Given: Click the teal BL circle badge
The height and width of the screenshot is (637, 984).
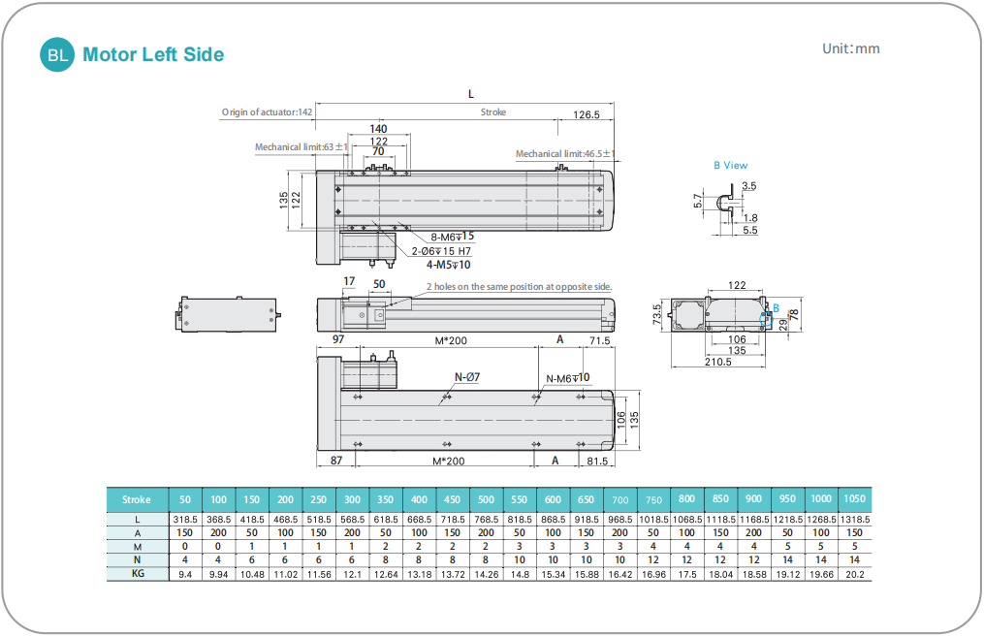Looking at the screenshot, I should coord(57,55).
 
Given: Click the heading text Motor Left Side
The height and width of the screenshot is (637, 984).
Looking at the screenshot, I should coord(153,55).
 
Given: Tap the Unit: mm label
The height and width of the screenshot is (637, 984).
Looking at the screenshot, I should coord(850,48).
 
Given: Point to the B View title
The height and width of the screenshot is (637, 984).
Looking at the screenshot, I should coord(730,165).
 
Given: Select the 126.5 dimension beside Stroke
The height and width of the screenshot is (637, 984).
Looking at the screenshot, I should coord(586,114).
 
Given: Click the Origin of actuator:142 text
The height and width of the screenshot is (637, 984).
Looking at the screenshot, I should coord(267,112).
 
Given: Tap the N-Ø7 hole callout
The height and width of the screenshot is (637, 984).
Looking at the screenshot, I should coord(468,376).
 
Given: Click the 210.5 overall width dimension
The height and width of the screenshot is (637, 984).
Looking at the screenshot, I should coord(717,363).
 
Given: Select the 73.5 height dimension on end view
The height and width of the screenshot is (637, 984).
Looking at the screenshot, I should coord(656,315).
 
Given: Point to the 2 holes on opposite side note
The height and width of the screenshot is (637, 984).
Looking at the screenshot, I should coord(519,287).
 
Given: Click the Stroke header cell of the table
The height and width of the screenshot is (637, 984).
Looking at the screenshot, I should coord(137,500).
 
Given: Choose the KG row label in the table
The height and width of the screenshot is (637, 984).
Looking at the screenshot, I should coord(137,574).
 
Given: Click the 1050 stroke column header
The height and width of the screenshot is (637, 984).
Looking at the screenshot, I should coord(854,500).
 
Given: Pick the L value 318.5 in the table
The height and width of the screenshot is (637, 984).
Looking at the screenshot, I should coord(185,520).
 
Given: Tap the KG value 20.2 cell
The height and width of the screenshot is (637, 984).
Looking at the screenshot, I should coord(854,574).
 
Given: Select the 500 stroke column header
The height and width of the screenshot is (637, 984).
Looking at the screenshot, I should coord(486,500).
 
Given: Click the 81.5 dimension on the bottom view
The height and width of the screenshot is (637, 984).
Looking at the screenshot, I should coord(598,461).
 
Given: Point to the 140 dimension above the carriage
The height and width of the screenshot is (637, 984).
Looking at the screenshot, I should coord(378,129).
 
